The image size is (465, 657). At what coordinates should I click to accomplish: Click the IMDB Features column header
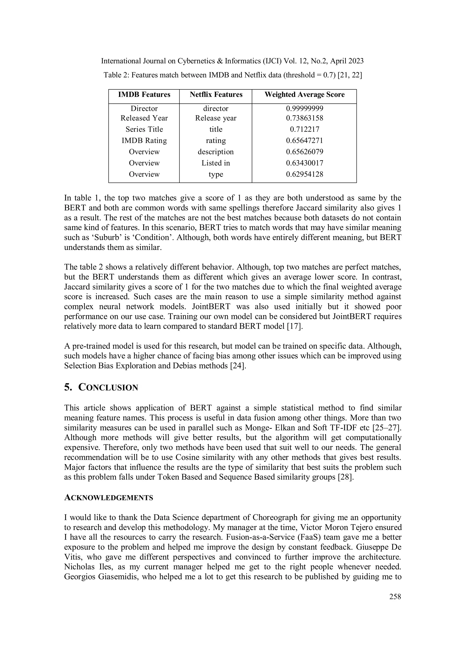click(144, 95)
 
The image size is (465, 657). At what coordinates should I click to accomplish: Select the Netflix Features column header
click(216, 95)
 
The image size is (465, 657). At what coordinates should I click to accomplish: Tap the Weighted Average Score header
click(304, 95)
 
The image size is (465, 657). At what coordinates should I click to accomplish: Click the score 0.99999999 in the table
click(304, 109)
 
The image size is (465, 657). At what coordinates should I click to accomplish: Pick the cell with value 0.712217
click(304, 129)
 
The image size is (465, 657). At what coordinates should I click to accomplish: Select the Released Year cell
click(144, 118)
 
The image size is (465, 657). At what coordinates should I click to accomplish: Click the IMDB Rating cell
click(144, 140)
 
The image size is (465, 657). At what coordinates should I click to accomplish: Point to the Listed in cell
click(216, 163)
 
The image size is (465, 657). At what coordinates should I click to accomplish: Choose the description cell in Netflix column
click(216, 152)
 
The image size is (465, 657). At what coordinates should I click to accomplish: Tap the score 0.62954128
click(304, 174)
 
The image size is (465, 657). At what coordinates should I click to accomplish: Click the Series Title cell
click(144, 129)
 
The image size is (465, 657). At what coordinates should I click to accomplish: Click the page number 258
click(395, 597)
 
